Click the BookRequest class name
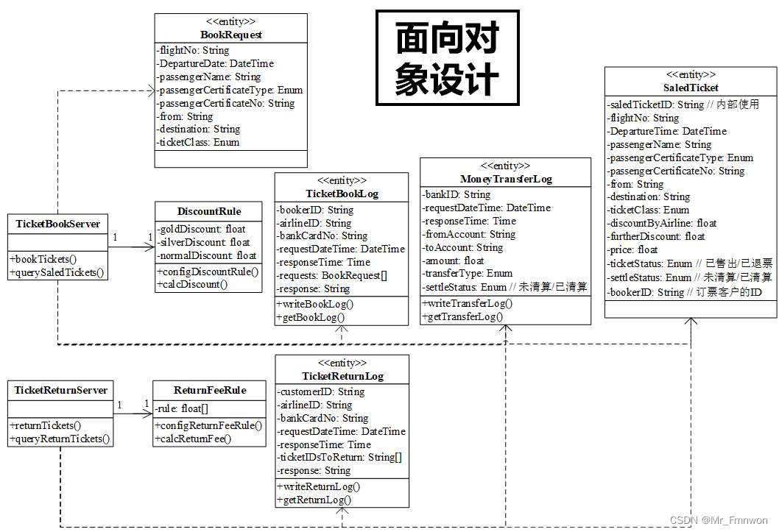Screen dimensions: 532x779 pos(230,35)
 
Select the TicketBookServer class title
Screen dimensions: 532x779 pos(58,224)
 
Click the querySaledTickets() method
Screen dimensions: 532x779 pos(57,272)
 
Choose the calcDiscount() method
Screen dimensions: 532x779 pos(192,284)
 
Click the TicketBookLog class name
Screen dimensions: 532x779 pos(341,194)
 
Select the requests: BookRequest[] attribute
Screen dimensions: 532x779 pos(333,276)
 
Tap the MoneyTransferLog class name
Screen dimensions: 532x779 pos(505,179)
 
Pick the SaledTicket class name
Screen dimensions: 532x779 pos(691,88)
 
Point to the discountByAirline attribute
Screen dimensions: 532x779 pos(663,223)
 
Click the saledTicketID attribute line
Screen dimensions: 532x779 pos(683,104)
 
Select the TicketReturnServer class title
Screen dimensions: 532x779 pos(61,390)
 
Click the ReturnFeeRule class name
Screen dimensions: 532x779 pos(210,390)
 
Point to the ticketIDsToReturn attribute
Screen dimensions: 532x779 pos(340,458)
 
